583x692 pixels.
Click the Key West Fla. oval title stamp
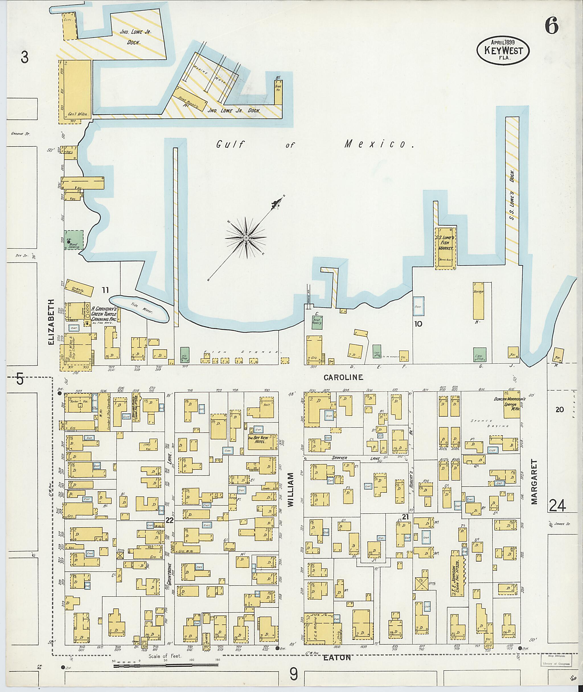click(503, 51)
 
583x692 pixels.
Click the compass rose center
click(246, 238)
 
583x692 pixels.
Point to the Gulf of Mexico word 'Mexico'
click(379, 144)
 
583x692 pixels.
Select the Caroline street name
click(343, 377)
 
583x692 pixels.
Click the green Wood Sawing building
click(73, 240)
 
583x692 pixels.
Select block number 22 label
click(170, 520)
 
